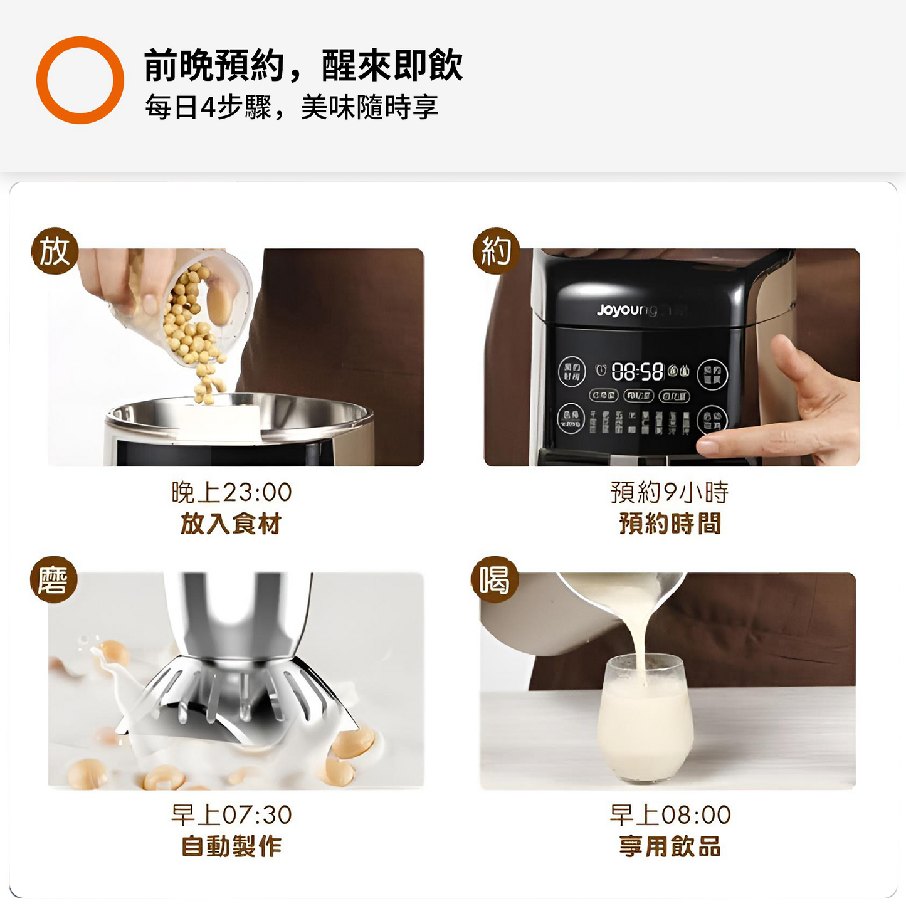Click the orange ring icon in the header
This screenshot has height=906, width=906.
[80, 80]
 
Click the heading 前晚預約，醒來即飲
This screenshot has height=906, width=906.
[303, 65]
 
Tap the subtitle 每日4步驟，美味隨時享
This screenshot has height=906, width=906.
[291, 107]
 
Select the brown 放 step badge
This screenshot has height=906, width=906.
[55, 251]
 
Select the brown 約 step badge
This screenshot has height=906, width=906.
[496, 251]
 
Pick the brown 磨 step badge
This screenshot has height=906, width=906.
[54, 579]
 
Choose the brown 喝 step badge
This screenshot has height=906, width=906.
[495, 579]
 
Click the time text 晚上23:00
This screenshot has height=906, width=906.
[231, 492]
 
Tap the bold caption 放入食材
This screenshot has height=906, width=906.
[231, 524]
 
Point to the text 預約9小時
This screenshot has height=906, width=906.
[669, 492]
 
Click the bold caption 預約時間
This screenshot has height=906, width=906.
[670, 524]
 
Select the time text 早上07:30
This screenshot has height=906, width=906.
[231, 815]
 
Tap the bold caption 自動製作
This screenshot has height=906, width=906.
[231, 846]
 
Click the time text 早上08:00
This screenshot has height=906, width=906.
[670, 815]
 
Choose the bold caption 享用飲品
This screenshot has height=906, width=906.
[670, 846]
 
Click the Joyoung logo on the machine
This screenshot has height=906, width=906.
[627, 310]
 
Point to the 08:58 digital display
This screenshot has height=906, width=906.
[637, 372]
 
